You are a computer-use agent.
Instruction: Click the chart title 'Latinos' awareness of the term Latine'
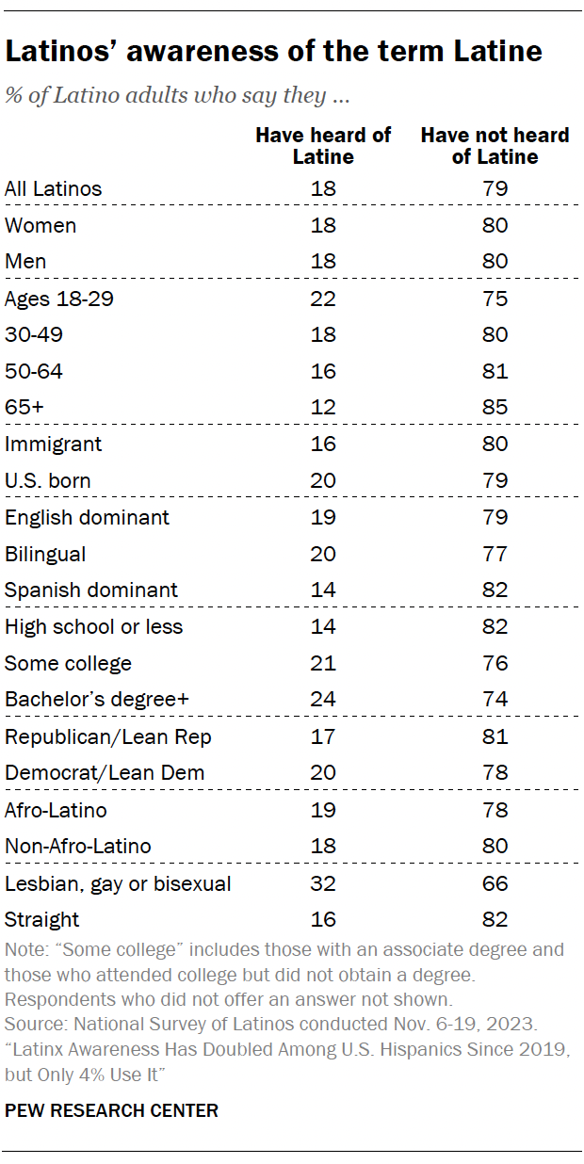[x=273, y=52]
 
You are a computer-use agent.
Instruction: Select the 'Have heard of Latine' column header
[x=323, y=146]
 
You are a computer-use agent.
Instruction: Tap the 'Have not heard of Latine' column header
[x=495, y=146]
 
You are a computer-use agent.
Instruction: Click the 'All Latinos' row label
[x=53, y=188]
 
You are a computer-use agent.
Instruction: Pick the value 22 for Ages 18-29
[x=323, y=299]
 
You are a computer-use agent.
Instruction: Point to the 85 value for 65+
[x=495, y=408]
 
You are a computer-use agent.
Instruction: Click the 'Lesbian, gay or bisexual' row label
[x=118, y=883]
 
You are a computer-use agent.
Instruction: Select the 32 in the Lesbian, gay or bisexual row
[x=323, y=883]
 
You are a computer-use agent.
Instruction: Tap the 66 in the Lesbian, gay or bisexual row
[x=495, y=883]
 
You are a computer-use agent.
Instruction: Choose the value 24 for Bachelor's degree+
[x=323, y=700]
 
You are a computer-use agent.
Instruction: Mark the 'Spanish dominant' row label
[x=91, y=590]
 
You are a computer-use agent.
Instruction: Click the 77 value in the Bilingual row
[x=495, y=554]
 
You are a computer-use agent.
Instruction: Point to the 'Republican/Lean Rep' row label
[x=107, y=736]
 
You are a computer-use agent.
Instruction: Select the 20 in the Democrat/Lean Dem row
[x=323, y=773]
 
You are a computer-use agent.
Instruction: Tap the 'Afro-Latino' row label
[x=56, y=810]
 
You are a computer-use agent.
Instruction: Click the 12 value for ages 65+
[x=323, y=408]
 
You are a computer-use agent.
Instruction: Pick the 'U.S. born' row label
[x=48, y=480]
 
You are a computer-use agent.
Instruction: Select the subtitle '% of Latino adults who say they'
[x=177, y=96]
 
